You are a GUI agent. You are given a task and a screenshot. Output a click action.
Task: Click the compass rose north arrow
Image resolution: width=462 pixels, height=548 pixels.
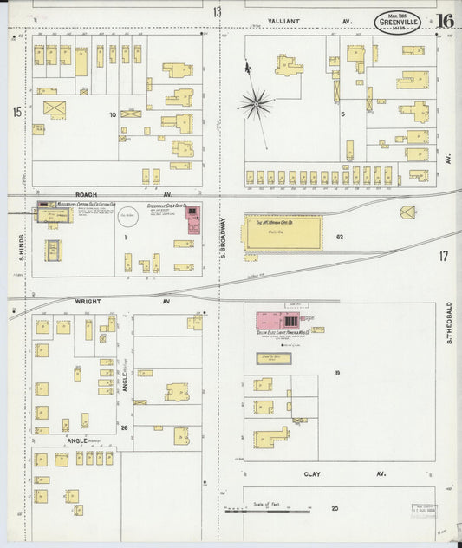pos(255,102)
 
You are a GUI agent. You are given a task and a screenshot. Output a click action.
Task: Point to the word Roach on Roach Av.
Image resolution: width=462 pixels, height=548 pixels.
pos(85,195)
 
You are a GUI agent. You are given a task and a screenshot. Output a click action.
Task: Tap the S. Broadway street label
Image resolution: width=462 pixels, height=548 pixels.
pos(222,235)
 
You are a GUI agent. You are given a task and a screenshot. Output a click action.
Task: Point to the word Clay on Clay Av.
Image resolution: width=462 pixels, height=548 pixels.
pos(312,474)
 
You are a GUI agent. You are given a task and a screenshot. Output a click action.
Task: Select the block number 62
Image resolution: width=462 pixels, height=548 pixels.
pos(340,236)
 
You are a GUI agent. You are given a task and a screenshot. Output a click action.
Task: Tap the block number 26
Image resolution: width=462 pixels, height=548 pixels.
pos(125,427)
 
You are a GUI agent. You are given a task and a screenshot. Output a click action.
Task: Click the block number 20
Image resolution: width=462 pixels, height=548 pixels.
pos(334,507)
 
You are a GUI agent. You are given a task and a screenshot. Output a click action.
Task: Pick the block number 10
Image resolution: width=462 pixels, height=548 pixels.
pos(112,114)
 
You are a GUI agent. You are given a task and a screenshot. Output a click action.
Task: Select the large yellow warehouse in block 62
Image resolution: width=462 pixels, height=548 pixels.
pos(283,233)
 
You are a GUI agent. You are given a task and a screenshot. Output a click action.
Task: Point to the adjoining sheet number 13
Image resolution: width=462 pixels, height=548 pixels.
pos(217,12)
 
